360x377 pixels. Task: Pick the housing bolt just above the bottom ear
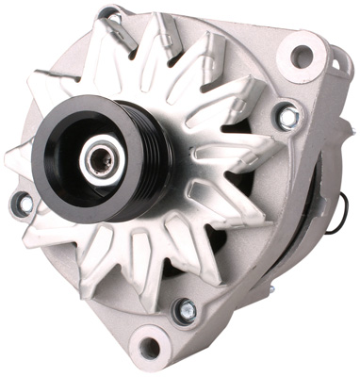click(185, 309)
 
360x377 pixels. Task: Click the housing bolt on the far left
click(21, 202)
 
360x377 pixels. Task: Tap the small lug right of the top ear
click(337, 63)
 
